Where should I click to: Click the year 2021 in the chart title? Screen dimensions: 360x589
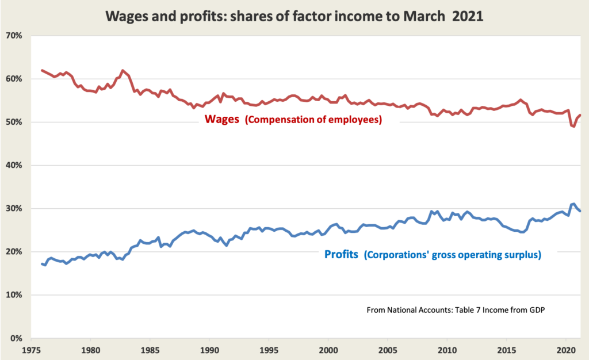(468, 17)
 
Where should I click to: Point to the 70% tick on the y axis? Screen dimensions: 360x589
(14, 36)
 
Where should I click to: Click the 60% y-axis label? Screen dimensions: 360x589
(14, 79)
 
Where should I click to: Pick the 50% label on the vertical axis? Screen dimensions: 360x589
(14, 122)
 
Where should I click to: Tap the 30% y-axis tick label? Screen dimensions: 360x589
(14, 209)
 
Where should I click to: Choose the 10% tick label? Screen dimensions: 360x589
(14, 295)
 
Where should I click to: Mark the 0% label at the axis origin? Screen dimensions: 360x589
(16, 339)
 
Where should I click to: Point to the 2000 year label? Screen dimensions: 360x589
(328, 349)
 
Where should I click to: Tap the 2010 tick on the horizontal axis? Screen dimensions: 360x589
(447, 349)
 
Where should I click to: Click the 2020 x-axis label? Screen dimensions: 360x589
(566, 349)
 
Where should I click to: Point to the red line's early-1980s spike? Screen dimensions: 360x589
(123, 70)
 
